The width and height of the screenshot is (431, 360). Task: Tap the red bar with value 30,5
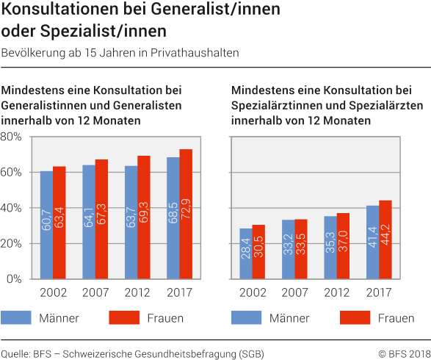click(258, 252)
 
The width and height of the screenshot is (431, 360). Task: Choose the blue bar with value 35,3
click(330, 248)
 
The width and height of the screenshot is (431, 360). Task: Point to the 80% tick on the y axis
click(13, 137)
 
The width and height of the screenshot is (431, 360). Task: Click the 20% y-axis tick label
click(13, 244)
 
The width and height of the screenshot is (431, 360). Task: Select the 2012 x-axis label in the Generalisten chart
click(137, 292)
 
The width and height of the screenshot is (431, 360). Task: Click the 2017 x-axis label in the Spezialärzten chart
click(380, 292)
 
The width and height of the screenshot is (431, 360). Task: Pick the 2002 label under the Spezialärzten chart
click(252, 292)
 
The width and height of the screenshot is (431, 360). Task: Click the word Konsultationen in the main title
click(59, 11)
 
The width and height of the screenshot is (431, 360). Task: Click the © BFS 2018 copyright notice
click(403, 353)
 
